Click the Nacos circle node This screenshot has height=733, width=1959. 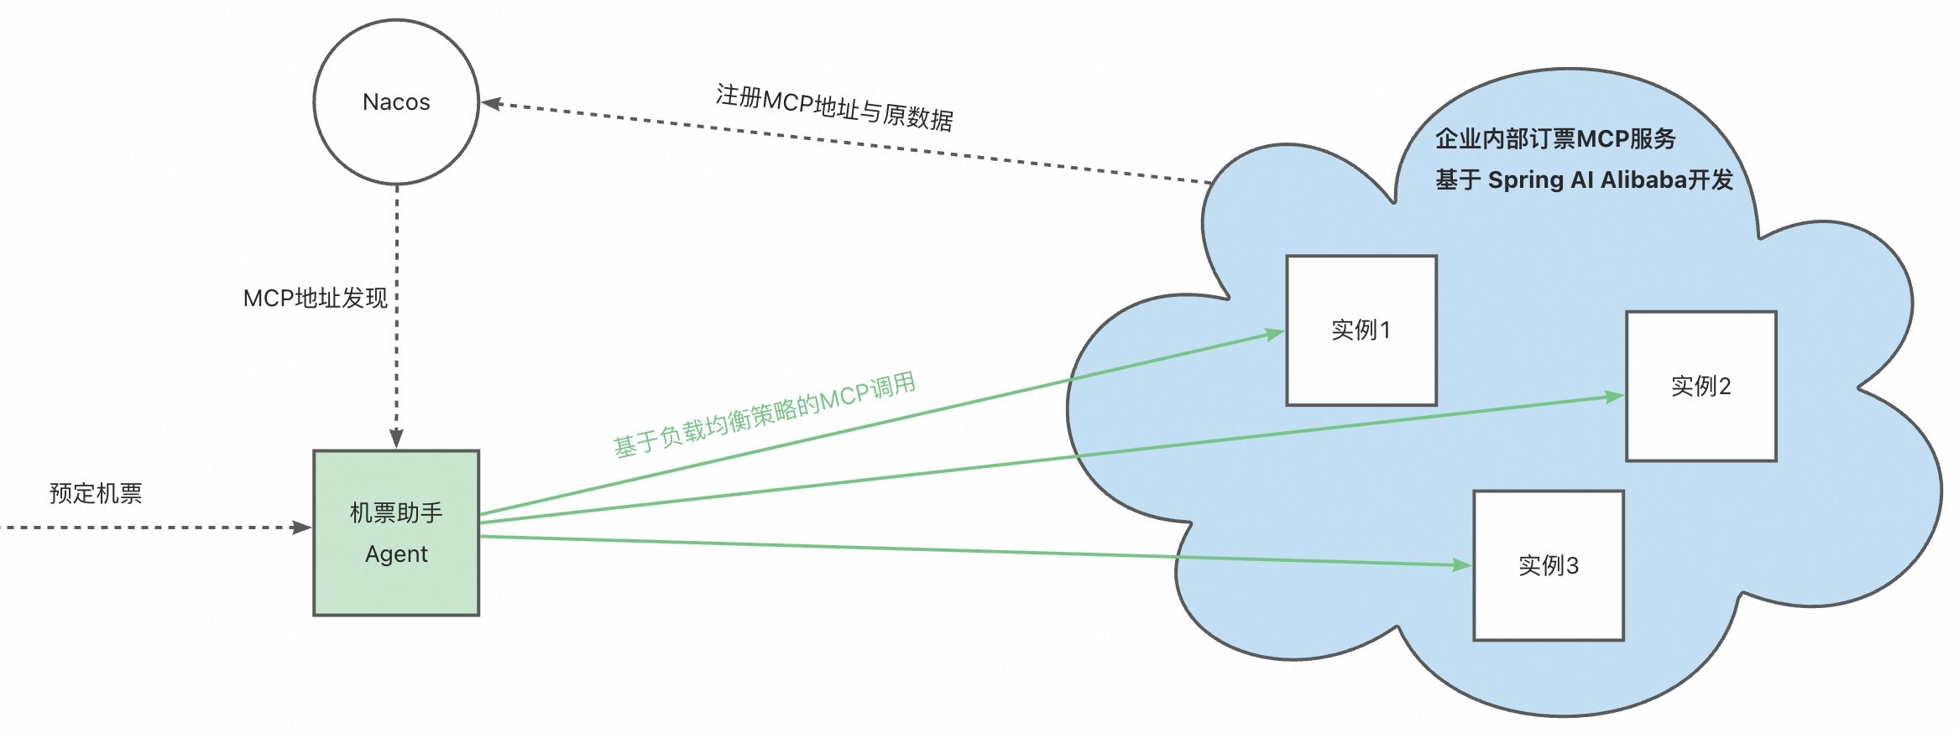point(396,102)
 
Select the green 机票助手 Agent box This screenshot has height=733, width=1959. point(396,533)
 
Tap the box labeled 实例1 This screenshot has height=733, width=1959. point(1361,330)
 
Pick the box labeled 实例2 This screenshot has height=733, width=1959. point(1700,386)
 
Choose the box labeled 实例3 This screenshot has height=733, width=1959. point(1549,565)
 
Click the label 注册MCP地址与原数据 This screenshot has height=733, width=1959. point(834,108)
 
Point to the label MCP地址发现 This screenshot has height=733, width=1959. point(316,298)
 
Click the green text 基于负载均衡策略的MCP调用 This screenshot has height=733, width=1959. point(765,414)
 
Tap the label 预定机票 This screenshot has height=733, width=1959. point(96,493)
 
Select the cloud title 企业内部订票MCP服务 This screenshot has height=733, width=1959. point(1555,138)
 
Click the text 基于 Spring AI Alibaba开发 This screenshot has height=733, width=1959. point(1584,179)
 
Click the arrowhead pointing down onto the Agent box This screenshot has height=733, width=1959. point(397,439)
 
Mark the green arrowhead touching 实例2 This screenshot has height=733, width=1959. point(1614,396)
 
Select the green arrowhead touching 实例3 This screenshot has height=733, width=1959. point(1461,565)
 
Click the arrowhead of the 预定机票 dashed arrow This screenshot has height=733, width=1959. point(301,528)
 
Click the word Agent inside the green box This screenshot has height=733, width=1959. point(396,554)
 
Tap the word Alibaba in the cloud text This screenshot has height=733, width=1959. point(1644,179)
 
